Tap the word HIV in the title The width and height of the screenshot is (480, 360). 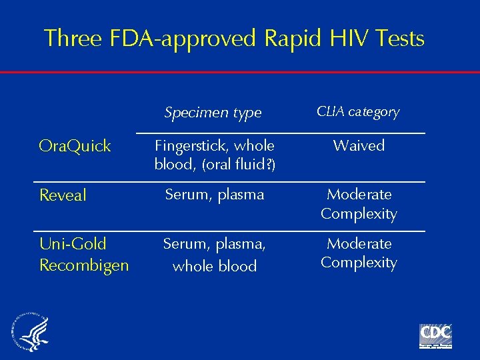pyautogui.click(x=353, y=39)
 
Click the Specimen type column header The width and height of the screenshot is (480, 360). pyautogui.click(x=213, y=113)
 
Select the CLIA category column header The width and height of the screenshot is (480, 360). pyautogui.click(x=358, y=111)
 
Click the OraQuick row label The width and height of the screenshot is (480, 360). pyautogui.click(x=75, y=147)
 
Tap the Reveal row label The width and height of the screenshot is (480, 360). pyautogui.click(x=63, y=195)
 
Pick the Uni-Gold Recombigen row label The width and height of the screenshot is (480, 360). pyautogui.click(x=84, y=255)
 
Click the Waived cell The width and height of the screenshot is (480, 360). pyautogui.click(x=359, y=145)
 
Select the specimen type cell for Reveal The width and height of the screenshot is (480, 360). pyautogui.click(x=215, y=195)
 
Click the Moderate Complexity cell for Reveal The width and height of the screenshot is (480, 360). pyautogui.click(x=359, y=204)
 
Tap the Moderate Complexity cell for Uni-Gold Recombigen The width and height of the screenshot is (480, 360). pyautogui.click(x=359, y=253)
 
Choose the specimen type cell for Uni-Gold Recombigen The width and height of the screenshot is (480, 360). pyautogui.click(x=215, y=255)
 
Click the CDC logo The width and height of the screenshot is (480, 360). pyautogui.click(x=435, y=335)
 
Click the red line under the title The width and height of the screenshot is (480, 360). pyautogui.click(x=240, y=72)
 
